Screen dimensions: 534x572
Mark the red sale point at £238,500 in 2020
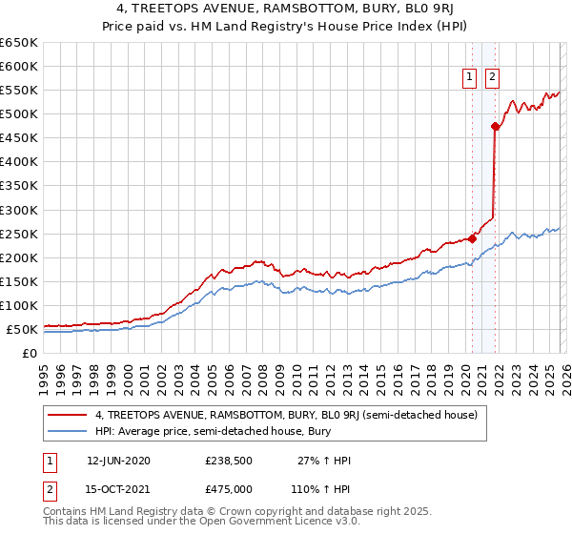click(472, 238)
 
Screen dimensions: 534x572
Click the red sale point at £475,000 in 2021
click(495, 126)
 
